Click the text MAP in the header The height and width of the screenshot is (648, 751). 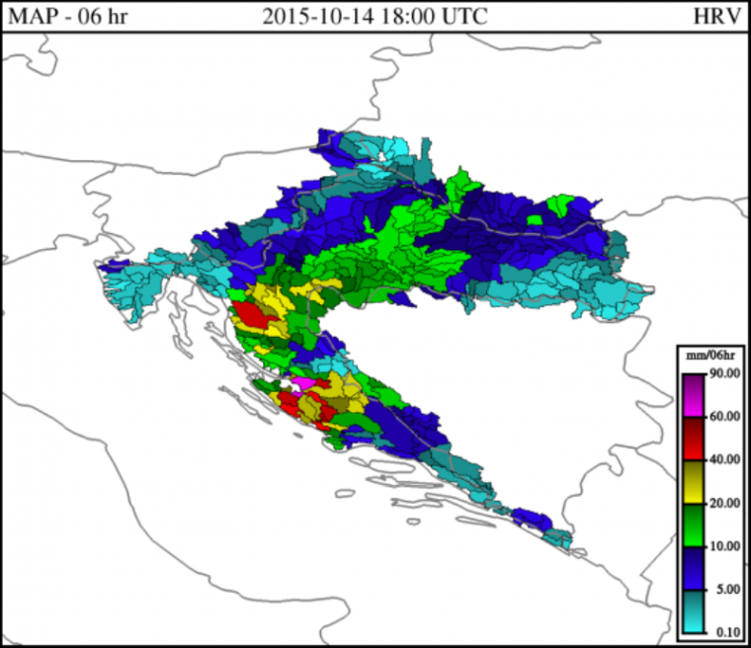pos(28,17)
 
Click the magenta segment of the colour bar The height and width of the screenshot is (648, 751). pos(693,395)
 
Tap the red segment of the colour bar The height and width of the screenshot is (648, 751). pos(693,438)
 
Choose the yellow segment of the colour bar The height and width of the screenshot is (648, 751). pos(693,481)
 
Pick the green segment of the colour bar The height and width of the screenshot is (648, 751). pos(693,525)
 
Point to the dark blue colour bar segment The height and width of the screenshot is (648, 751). pos(693,568)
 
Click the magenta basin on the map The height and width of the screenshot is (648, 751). pos(303,381)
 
